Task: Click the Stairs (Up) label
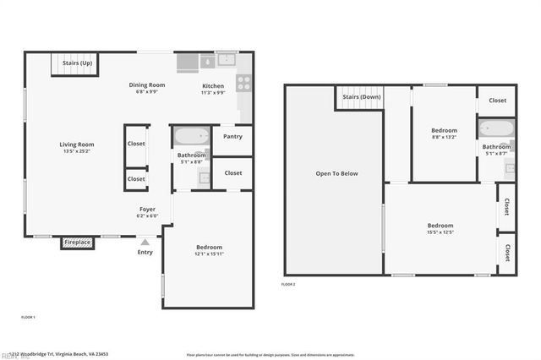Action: point(77,63)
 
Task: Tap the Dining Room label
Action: point(146,85)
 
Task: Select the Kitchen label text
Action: point(213,86)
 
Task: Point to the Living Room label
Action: point(76,145)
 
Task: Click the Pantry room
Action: point(232,136)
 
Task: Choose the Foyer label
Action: point(147,209)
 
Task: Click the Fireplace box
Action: point(77,243)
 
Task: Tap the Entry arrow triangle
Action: point(145,243)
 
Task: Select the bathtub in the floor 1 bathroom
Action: point(191,134)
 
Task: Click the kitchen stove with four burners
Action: point(243,83)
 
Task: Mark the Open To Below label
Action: point(337,173)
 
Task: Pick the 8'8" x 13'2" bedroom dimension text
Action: point(444,137)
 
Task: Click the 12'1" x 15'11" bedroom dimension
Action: point(209,254)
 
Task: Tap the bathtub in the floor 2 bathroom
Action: point(495,129)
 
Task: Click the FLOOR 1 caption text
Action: point(28,316)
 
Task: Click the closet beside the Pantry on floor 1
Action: point(232,173)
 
